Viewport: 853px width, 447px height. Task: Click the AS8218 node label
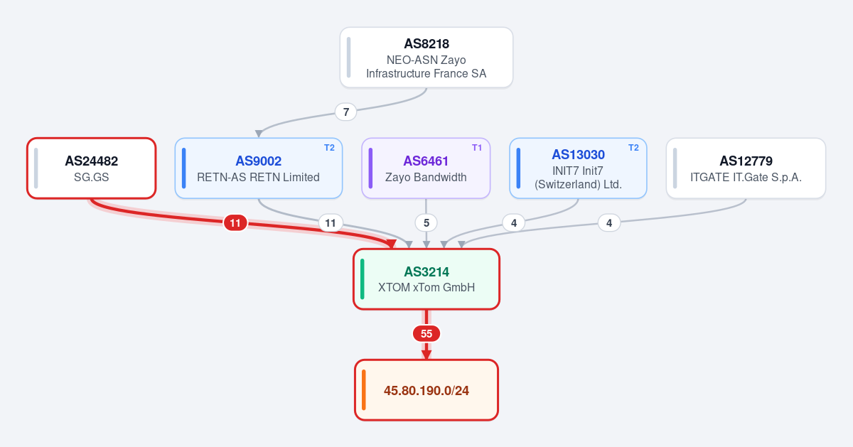pyautogui.click(x=426, y=44)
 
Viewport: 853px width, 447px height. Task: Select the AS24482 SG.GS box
pyautogui.click(x=92, y=168)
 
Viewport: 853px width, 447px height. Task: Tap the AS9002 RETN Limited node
pyautogui.click(x=259, y=168)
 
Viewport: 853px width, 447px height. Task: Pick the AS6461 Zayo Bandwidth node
pyautogui.click(x=426, y=168)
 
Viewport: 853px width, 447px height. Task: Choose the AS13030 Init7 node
pyautogui.click(x=578, y=168)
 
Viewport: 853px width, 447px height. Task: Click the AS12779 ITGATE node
pyautogui.click(x=746, y=168)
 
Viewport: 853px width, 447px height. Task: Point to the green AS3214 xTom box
pyautogui.click(x=426, y=279)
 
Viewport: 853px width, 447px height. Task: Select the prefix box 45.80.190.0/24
pyautogui.click(x=426, y=390)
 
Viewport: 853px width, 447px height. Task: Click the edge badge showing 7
pyautogui.click(x=345, y=112)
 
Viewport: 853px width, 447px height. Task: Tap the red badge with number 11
pyautogui.click(x=235, y=222)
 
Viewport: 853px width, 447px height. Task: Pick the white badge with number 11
pyautogui.click(x=331, y=222)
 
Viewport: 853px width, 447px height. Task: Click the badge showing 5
pyautogui.click(x=426, y=222)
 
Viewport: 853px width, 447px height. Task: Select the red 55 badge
pyautogui.click(x=426, y=333)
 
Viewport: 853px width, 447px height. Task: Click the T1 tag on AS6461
pyautogui.click(x=477, y=148)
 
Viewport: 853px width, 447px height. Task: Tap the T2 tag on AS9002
pyautogui.click(x=329, y=148)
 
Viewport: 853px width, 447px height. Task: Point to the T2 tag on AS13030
pyautogui.click(x=633, y=148)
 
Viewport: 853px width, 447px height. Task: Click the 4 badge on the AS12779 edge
pyautogui.click(x=609, y=222)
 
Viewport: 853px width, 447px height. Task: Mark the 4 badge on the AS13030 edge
pyautogui.click(x=514, y=222)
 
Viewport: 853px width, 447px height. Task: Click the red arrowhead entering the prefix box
pyautogui.click(x=426, y=355)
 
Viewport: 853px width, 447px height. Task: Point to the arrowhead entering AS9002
pyautogui.click(x=259, y=134)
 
